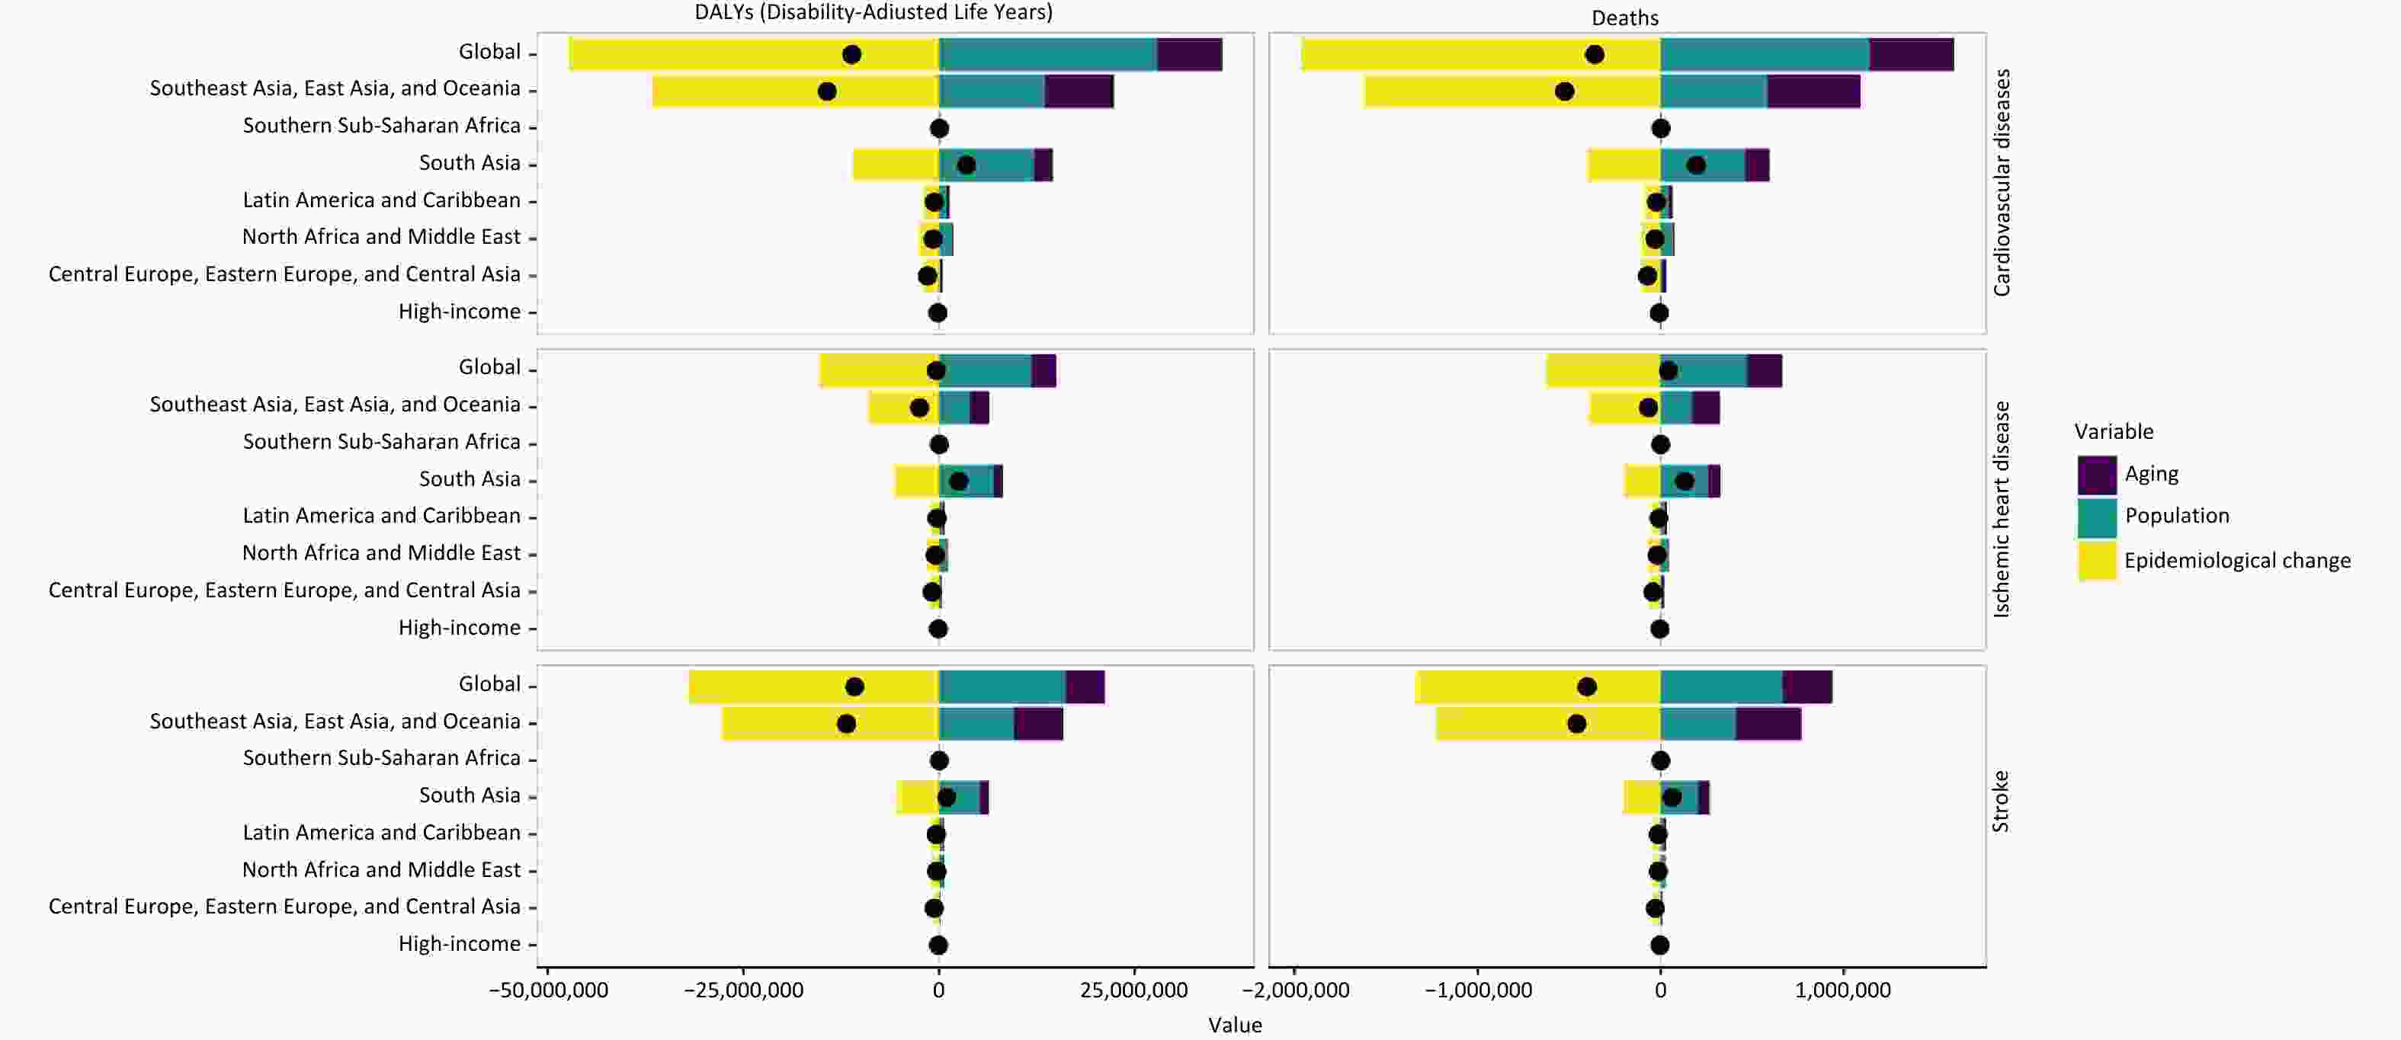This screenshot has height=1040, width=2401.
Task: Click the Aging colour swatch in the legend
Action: pos(2096,475)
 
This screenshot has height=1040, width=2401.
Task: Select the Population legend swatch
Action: pos(2096,517)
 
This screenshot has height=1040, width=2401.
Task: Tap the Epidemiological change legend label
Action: pos(2237,561)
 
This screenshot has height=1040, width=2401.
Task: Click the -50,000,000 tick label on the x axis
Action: pos(548,990)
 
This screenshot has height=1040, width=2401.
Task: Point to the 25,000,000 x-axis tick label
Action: pos(1133,990)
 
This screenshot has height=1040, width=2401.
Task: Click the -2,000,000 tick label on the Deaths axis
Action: pos(1301,990)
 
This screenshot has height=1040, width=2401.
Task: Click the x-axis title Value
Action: pos(1235,1025)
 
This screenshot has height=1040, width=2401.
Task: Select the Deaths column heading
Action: pos(1624,18)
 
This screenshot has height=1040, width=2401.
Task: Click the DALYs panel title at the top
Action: pos(874,12)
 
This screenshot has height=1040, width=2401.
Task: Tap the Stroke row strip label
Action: pos(2000,802)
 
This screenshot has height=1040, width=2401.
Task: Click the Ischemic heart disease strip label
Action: pos(2000,509)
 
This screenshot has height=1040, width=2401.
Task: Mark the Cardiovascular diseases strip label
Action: pos(2000,183)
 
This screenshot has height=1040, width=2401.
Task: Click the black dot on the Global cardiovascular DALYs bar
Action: pos(851,54)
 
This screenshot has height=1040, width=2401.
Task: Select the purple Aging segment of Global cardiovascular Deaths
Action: pos(1911,54)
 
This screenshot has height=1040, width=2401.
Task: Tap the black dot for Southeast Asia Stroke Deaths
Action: pos(1576,724)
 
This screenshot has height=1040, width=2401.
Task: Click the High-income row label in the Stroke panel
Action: pos(459,944)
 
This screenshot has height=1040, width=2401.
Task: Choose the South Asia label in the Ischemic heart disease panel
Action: pos(469,479)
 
